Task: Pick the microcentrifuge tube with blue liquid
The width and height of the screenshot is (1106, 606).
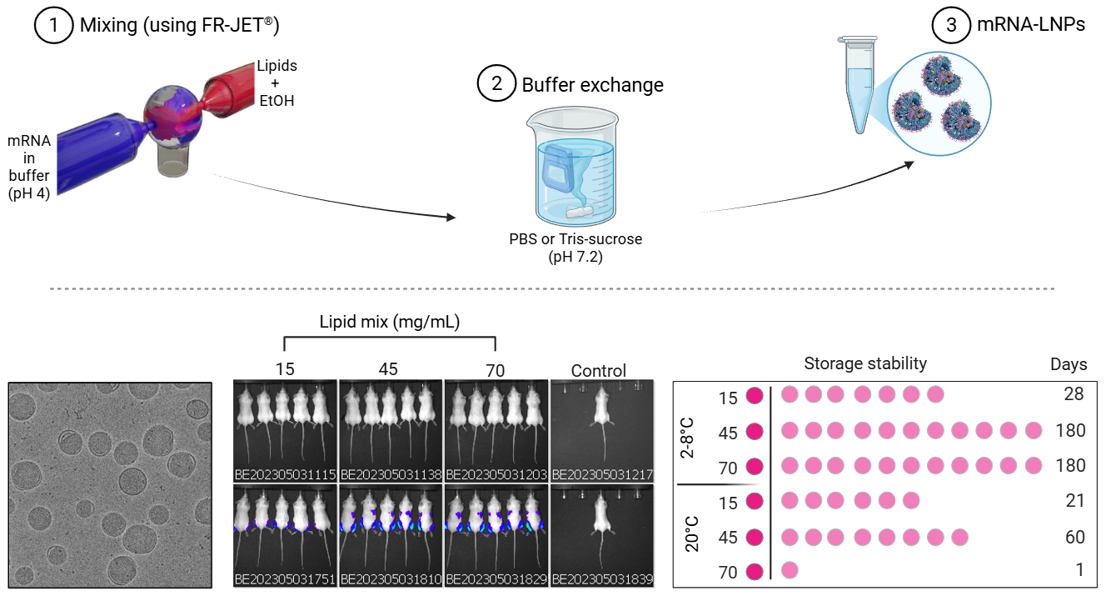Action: (858, 84)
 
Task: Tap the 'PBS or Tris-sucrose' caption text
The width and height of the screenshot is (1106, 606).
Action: (575, 240)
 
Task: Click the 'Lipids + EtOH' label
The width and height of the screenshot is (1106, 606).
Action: (276, 83)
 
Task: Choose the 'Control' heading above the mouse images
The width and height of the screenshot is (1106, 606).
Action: (599, 370)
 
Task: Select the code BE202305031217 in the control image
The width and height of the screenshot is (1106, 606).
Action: (601, 475)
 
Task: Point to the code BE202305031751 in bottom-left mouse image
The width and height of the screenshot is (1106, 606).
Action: (285, 579)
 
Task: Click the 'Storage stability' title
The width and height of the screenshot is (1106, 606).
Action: (865, 363)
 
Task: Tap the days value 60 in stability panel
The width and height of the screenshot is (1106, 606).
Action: (1074, 537)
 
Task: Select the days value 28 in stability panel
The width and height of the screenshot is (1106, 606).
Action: (1074, 394)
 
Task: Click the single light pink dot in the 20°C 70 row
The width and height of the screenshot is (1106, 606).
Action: (790, 571)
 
